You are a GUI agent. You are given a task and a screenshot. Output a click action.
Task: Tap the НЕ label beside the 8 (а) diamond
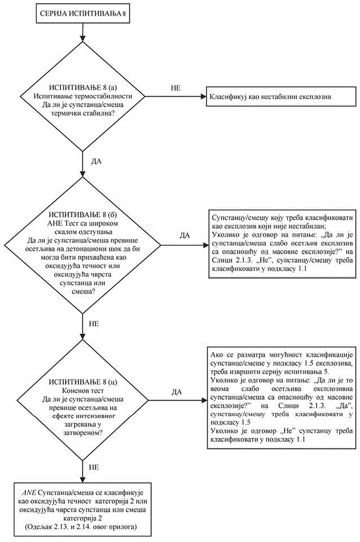177,89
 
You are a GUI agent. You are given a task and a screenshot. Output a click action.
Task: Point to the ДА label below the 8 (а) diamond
95,161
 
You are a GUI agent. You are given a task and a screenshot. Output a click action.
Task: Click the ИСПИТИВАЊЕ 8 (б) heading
84,215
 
